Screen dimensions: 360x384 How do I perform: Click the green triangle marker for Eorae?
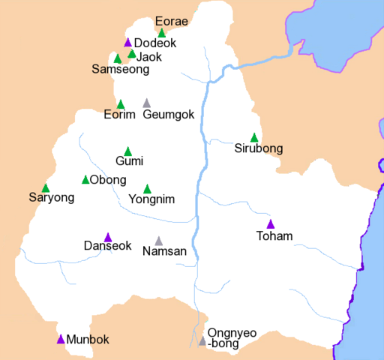pyautogui.click(x=161, y=33)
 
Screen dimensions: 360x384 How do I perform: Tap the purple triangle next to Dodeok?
pyautogui.click(x=127, y=43)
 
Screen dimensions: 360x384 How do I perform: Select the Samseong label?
pyautogui.click(x=120, y=70)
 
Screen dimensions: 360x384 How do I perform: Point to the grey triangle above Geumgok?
pyautogui.click(x=146, y=103)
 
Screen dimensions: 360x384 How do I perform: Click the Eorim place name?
pyautogui.click(x=119, y=115)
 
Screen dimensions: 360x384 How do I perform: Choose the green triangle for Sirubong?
pyautogui.click(x=254, y=137)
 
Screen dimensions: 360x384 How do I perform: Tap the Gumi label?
pyautogui.click(x=129, y=161)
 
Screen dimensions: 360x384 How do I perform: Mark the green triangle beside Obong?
pyautogui.click(x=85, y=179)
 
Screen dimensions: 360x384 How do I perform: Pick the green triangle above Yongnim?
pyautogui.click(x=147, y=189)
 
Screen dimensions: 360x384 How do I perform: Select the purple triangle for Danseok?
pyautogui.click(x=108, y=237)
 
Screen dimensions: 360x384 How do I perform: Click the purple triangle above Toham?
pyautogui.click(x=271, y=224)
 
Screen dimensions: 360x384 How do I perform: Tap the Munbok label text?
pyautogui.click(x=88, y=340)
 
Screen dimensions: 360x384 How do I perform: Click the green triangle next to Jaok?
pyautogui.click(x=132, y=54)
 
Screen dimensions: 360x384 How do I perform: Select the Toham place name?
pyautogui.click(x=274, y=237)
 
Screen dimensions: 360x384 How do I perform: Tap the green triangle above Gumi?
pyautogui.click(x=127, y=151)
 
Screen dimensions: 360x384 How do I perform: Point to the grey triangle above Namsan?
pyautogui.click(x=158, y=241)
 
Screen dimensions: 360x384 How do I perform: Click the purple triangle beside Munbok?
pyautogui.click(x=61, y=339)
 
